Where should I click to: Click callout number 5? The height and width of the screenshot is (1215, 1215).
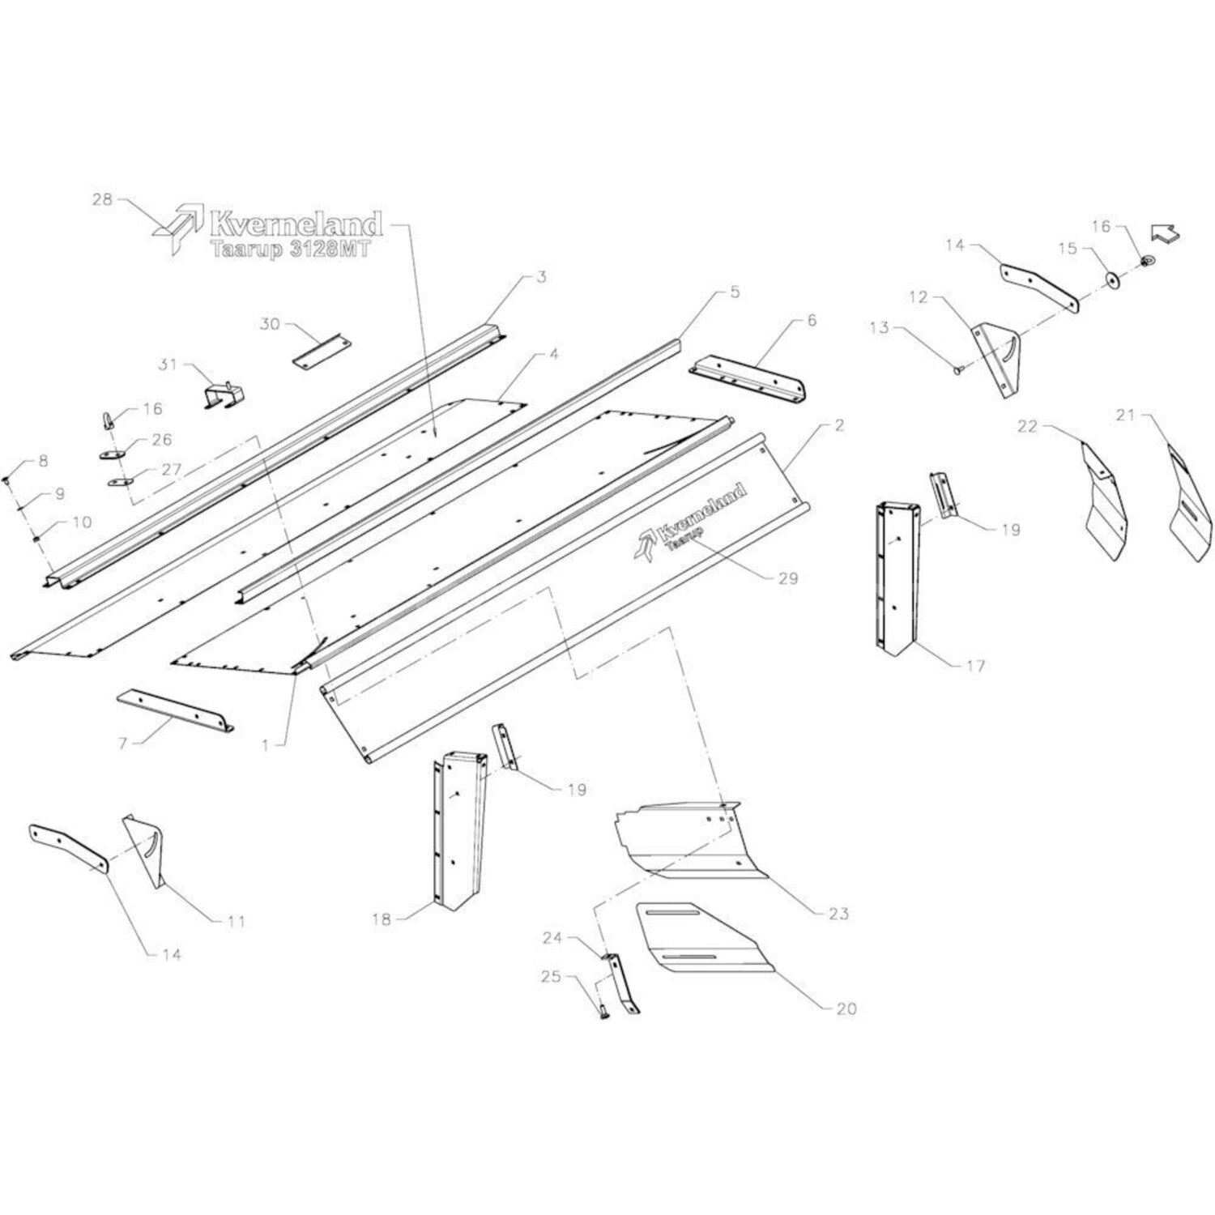734,292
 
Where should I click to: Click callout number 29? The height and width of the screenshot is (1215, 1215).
787,578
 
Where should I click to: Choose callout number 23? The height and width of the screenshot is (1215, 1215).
838,914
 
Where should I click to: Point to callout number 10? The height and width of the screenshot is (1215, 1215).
83,522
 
